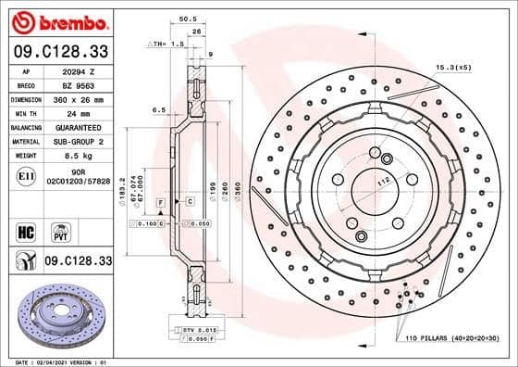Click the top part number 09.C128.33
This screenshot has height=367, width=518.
58,51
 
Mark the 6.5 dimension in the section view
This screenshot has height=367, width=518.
159,109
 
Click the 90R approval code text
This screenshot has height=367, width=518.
79,172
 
